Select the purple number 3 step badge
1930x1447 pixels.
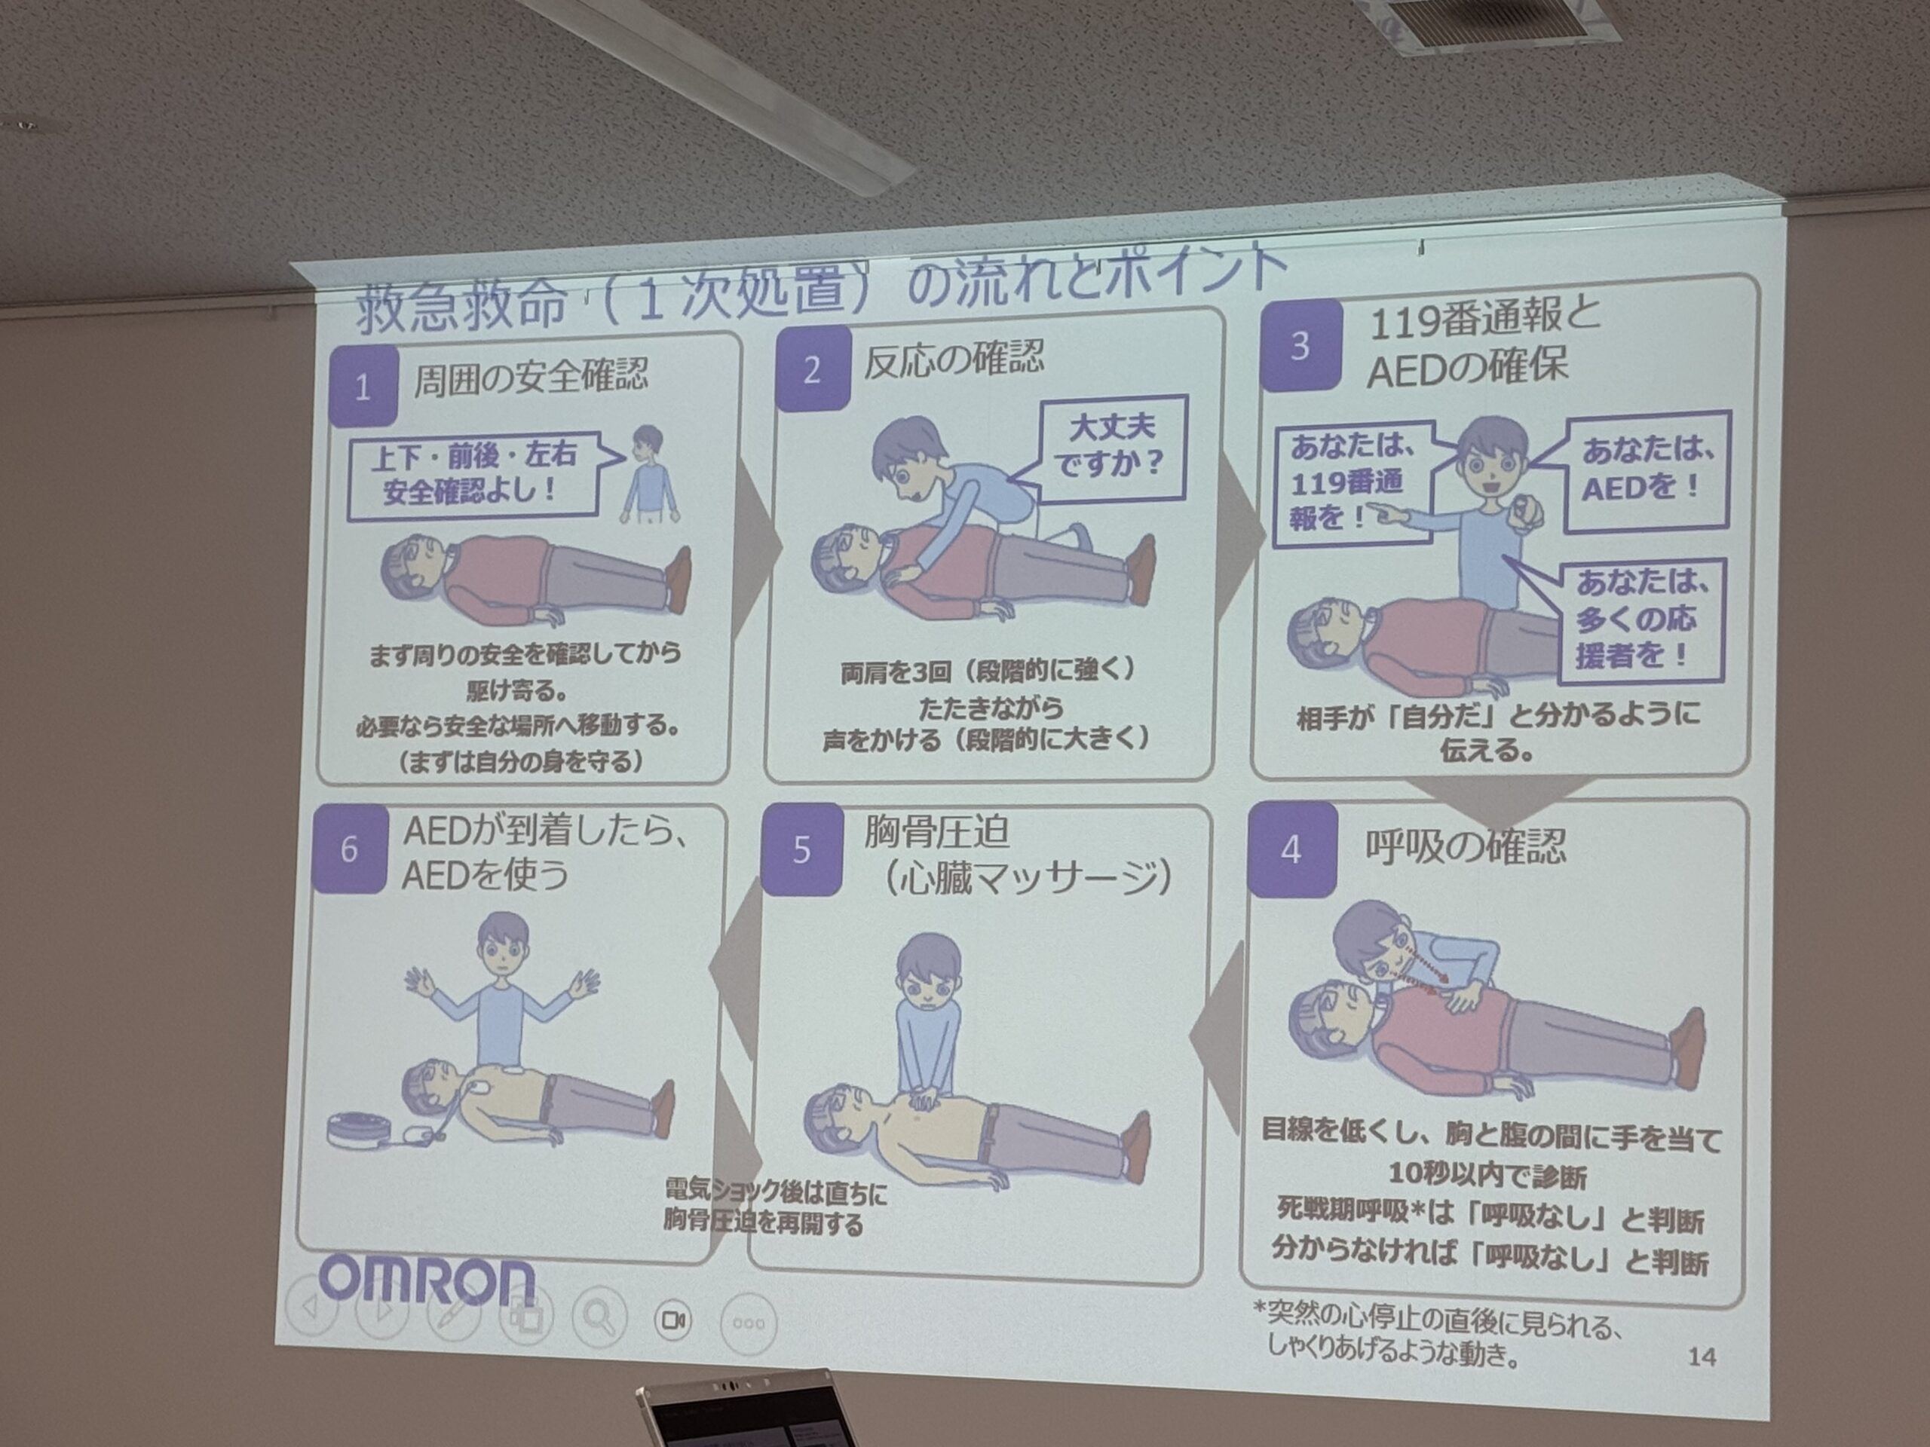coord(1299,345)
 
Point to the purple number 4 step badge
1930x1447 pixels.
coord(1291,849)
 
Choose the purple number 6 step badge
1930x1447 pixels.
coord(349,849)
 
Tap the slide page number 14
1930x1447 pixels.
coord(1702,1357)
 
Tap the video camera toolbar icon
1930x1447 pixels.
coord(672,1320)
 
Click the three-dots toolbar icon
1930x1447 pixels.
coord(749,1323)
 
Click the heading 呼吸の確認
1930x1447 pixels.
coord(1465,846)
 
